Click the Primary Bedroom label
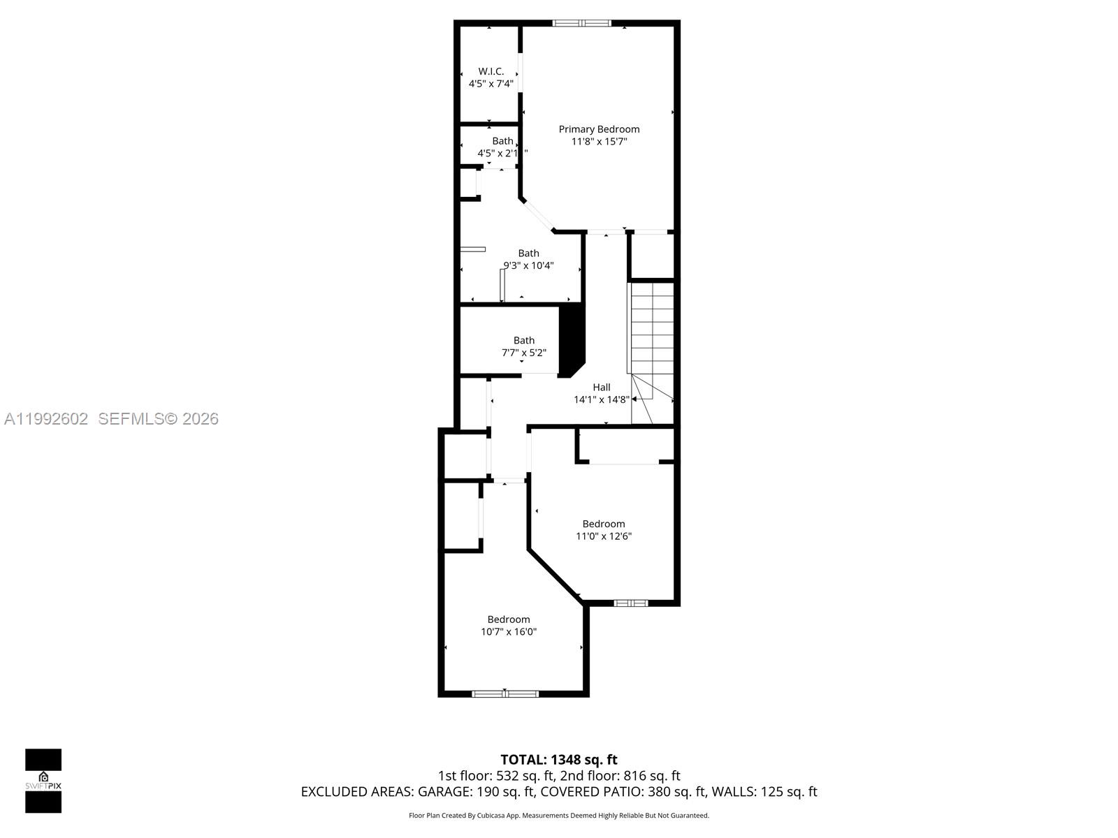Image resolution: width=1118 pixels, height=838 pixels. pos(599,129)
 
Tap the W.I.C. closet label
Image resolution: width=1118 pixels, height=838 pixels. pos(491,71)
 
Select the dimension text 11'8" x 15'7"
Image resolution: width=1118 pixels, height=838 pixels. pos(599,142)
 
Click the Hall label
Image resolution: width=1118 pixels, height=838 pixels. pos(601,388)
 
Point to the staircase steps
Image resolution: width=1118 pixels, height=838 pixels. pos(652,328)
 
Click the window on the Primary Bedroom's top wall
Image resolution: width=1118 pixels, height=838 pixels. pos(581,23)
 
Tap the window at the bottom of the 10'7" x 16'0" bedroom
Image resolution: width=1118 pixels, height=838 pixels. pos(505,693)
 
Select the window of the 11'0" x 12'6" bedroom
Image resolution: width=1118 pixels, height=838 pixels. pos(631,603)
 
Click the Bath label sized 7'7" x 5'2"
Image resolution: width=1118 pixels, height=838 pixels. pos(523,341)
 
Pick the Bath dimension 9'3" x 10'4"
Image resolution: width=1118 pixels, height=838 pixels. pos(529,265)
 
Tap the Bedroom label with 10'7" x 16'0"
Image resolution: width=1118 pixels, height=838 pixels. pos(508,619)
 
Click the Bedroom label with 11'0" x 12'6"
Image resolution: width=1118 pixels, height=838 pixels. pos(603,524)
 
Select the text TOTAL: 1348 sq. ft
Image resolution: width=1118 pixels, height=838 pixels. pos(558,760)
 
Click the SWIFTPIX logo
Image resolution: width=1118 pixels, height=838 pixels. pos(43,781)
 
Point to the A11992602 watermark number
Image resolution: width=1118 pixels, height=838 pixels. pos(46,419)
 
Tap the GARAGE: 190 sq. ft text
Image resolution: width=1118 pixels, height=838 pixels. pos(476,792)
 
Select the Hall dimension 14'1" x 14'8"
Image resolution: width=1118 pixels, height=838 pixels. pos(601,400)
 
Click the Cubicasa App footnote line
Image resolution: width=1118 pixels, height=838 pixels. pos(558,816)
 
